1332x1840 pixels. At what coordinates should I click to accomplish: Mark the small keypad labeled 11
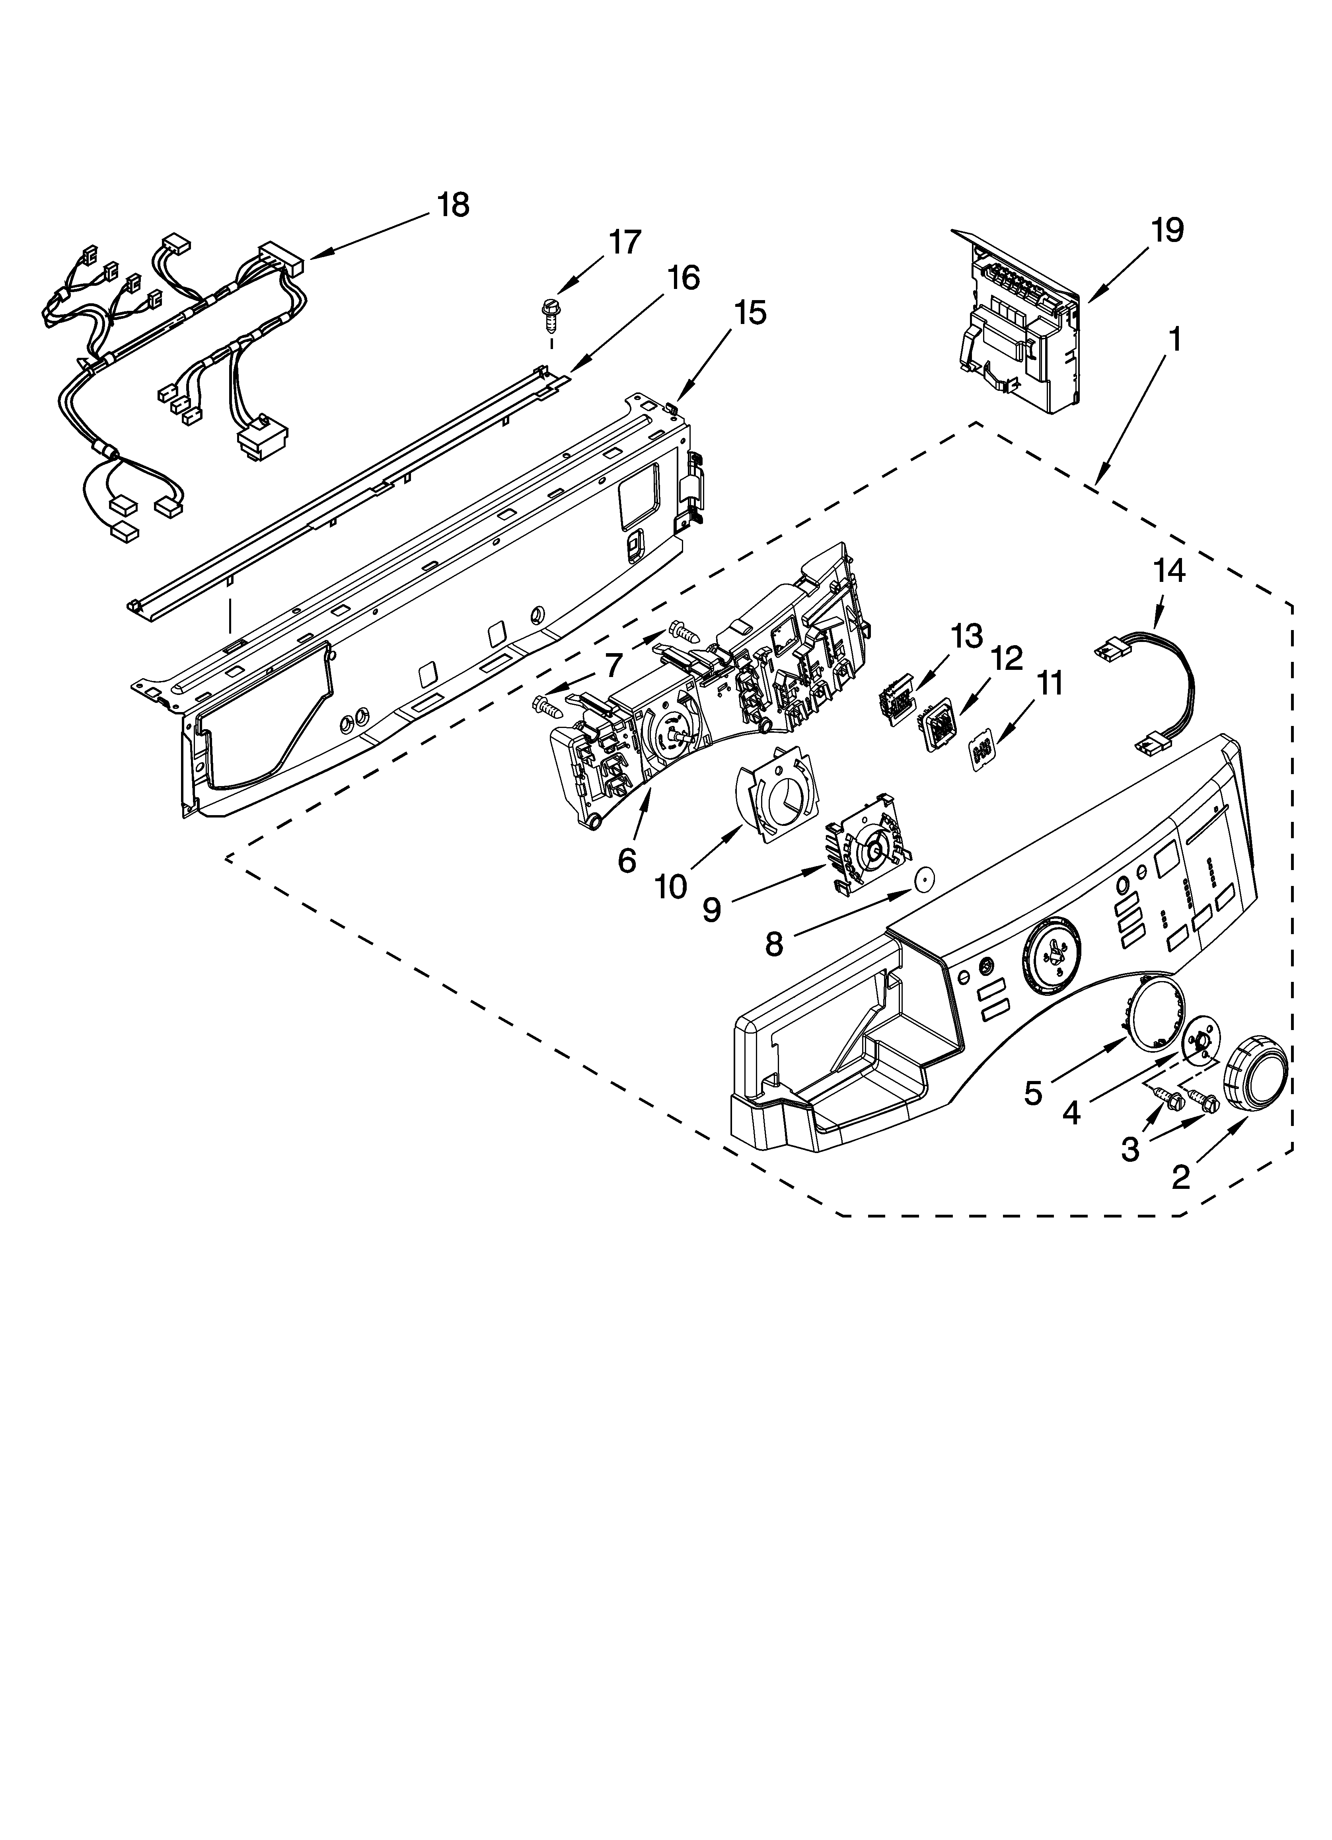tap(983, 752)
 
